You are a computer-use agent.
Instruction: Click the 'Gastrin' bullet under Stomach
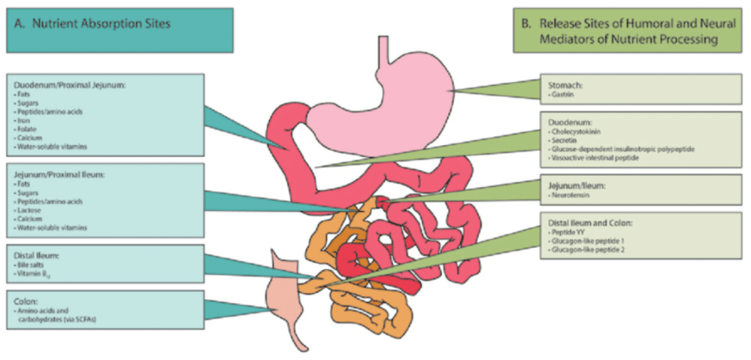(x=562, y=95)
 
